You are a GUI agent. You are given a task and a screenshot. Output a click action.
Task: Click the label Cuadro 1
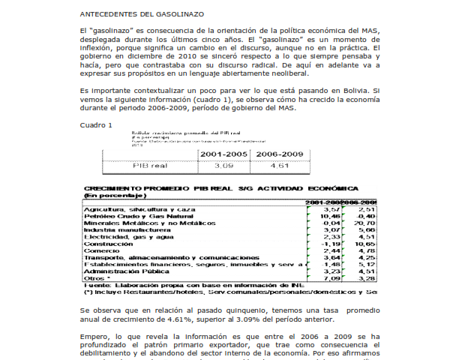(x=96, y=124)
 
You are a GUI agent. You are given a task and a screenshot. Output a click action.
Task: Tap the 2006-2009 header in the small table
(x=280, y=153)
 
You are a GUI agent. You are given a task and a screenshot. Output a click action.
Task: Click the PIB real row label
(x=149, y=165)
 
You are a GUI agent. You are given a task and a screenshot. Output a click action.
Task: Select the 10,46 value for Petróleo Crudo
(x=330, y=216)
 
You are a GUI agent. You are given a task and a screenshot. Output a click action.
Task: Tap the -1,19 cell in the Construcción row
(x=331, y=244)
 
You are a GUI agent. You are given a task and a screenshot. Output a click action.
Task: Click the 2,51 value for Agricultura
(x=366, y=209)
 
